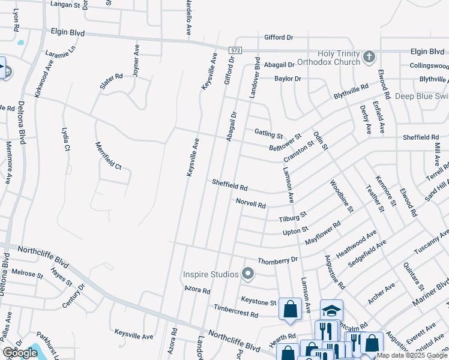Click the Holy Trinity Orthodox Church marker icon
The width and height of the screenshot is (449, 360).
[x=369, y=58]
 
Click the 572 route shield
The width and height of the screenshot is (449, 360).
[x=235, y=49]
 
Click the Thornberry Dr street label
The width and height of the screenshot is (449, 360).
[x=277, y=260]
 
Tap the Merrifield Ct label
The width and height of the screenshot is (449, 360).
[x=108, y=155]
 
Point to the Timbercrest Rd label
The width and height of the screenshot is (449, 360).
[x=236, y=310]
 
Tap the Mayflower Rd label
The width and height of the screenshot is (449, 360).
[x=323, y=233]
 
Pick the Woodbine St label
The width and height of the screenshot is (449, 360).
[x=340, y=193]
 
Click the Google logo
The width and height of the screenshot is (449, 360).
[x=20, y=353]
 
